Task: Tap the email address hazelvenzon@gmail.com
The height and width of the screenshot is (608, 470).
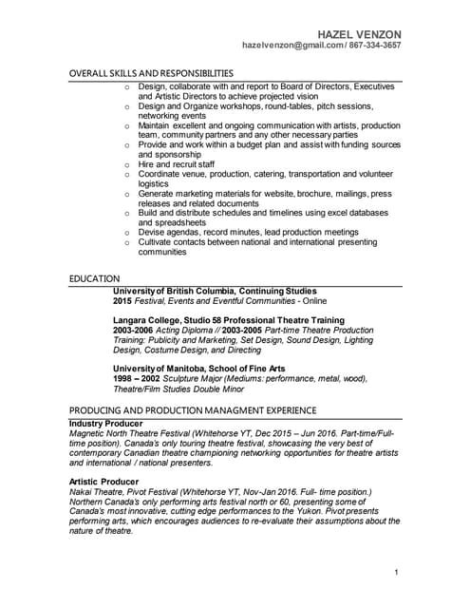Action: coord(286,45)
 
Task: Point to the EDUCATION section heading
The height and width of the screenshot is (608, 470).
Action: coord(95,277)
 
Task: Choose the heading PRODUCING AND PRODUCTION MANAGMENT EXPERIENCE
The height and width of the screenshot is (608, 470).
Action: coord(193,410)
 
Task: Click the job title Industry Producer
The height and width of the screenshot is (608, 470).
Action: coord(106,423)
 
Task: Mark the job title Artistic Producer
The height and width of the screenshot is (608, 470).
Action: coord(103,482)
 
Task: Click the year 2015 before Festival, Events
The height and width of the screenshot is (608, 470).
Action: coord(122,300)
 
